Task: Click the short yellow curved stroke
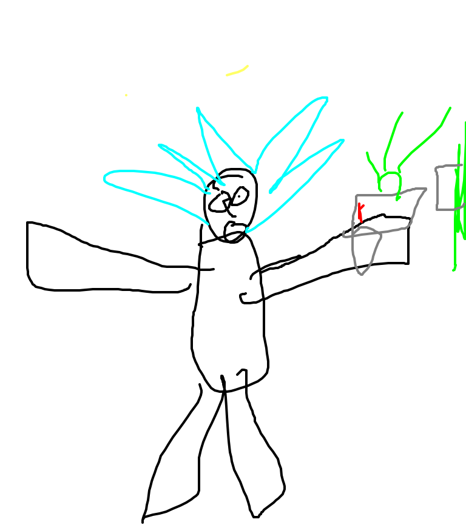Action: pos(237,72)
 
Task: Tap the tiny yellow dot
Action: pos(126,95)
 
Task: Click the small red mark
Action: pos(360,212)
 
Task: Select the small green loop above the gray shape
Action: pos(390,182)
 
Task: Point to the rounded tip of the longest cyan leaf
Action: pos(106,178)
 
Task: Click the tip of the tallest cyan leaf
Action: pos(326,98)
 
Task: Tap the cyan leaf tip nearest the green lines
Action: pos(343,141)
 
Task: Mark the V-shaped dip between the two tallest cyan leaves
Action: pos(254,172)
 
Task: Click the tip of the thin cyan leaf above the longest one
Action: pos(160,145)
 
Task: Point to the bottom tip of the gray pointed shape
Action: pos(361,275)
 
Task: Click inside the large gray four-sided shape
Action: pos(382,212)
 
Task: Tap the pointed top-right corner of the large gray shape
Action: pos(425,189)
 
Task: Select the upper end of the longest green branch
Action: pos(450,109)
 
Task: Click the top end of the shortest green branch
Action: pos(368,153)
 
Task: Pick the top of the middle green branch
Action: pos(402,113)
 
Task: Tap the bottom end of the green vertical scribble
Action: pos(454,270)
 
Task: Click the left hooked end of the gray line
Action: pos(344,233)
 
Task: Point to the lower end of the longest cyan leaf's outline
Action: pos(208,224)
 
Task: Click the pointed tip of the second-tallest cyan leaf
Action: pos(198,109)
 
